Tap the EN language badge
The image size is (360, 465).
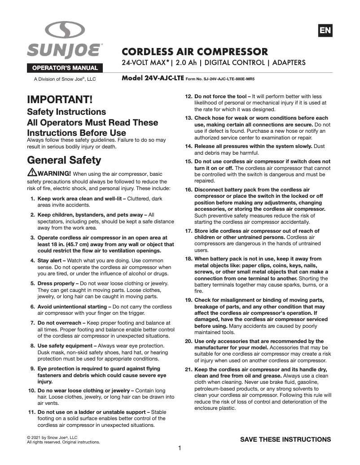(x=325, y=30)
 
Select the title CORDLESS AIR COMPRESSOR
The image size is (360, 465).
(x=195, y=51)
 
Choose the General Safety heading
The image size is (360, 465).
(x=64, y=160)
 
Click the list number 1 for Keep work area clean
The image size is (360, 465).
(x=33, y=198)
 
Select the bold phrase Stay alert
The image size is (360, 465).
(x=51, y=261)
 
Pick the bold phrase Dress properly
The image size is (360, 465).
(x=58, y=283)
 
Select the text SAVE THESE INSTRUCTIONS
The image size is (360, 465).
(x=285, y=439)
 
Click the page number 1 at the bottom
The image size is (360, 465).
(x=180, y=448)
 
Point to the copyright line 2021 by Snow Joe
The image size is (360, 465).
(x=53, y=437)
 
